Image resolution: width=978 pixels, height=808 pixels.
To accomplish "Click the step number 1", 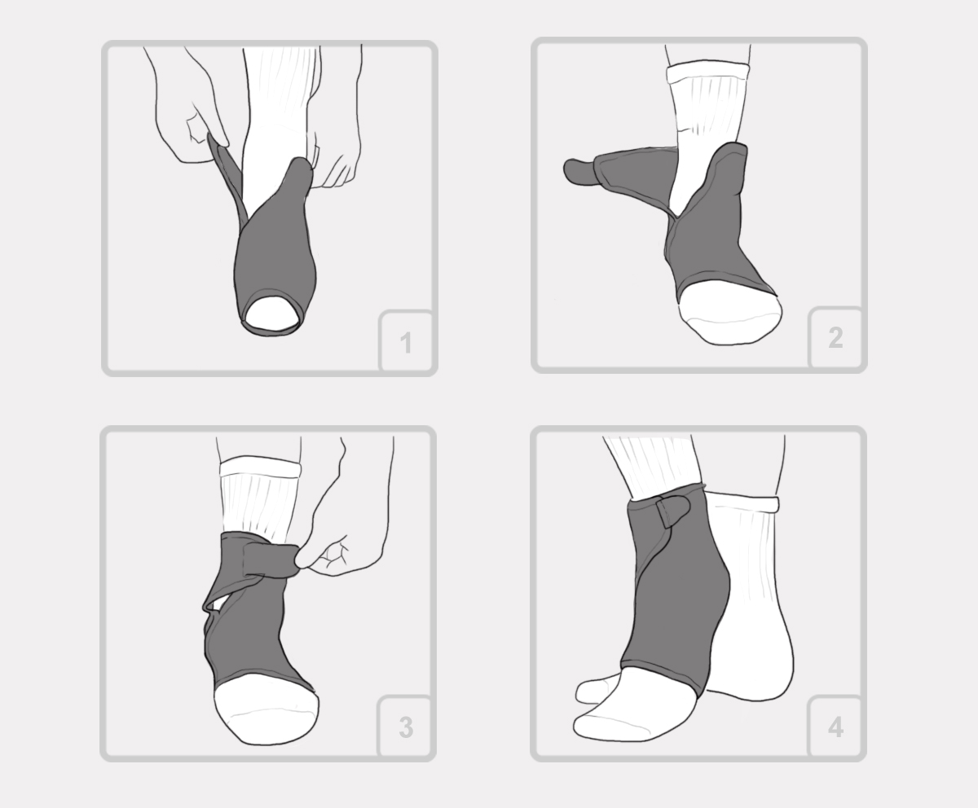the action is (x=406, y=343).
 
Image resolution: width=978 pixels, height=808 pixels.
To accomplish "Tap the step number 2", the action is (x=836, y=338).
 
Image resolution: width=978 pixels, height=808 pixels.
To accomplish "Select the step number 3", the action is (x=406, y=727).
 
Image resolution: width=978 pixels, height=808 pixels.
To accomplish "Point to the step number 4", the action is (x=836, y=727).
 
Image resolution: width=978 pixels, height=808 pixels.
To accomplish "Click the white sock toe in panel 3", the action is (x=266, y=709).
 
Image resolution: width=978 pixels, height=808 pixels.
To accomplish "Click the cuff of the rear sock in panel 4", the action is (x=742, y=502).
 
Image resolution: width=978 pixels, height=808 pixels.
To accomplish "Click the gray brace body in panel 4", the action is (x=675, y=599).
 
